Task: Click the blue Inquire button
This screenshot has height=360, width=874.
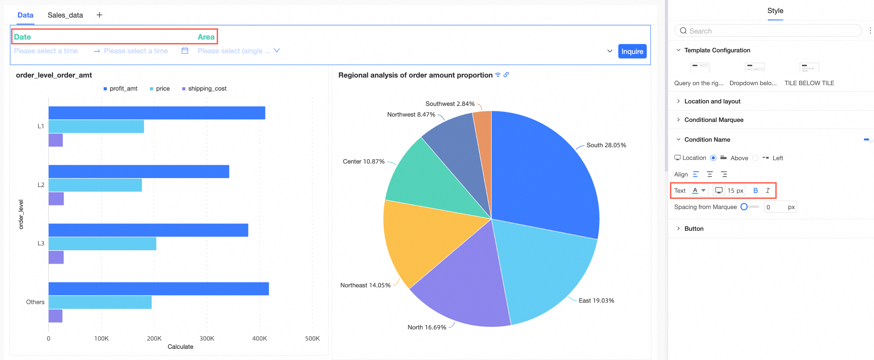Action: [x=632, y=51]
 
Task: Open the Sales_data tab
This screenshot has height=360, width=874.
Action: [x=65, y=15]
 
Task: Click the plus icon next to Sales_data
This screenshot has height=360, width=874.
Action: [x=99, y=15]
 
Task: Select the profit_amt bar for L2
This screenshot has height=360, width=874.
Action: [x=139, y=171]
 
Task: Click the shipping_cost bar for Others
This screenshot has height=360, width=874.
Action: [x=55, y=316]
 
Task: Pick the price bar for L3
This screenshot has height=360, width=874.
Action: [x=102, y=244]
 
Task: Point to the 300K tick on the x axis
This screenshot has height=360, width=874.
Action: [x=207, y=338]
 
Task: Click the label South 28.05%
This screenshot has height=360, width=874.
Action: [x=606, y=145]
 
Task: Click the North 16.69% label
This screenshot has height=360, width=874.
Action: [x=426, y=327]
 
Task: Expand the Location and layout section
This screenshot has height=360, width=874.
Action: [x=712, y=101]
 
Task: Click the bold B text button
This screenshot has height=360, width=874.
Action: [x=755, y=191]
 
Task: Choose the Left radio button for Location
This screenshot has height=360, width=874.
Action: [x=755, y=158]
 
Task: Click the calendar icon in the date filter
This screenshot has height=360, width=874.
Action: [x=185, y=51]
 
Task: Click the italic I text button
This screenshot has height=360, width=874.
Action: [x=767, y=191]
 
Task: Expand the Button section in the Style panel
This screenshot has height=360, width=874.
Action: [x=694, y=229]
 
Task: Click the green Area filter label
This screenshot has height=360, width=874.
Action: [x=206, y=37]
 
